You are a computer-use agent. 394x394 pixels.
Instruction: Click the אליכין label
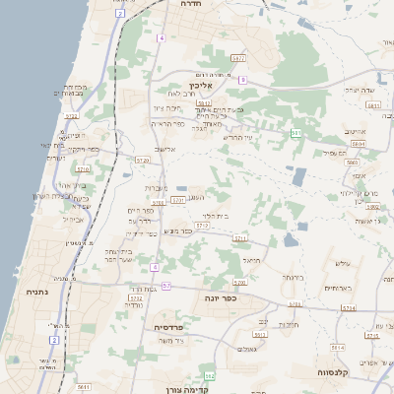[x=215, y=87]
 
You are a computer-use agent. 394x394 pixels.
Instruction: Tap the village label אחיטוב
[x=354, y=131]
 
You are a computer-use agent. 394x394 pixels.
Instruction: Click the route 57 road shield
[x=166, y=286]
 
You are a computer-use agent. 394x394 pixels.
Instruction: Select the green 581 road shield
[x=296, y=131]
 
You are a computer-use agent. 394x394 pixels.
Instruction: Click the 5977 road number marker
[x=237, y=59]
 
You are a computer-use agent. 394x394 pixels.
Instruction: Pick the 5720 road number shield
[x=143, y=160]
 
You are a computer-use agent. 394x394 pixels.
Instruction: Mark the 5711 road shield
[x=239, y=238]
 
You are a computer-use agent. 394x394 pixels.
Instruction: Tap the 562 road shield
[x=209, y=375]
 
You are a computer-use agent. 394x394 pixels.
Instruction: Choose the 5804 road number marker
[x=358, y=144]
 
